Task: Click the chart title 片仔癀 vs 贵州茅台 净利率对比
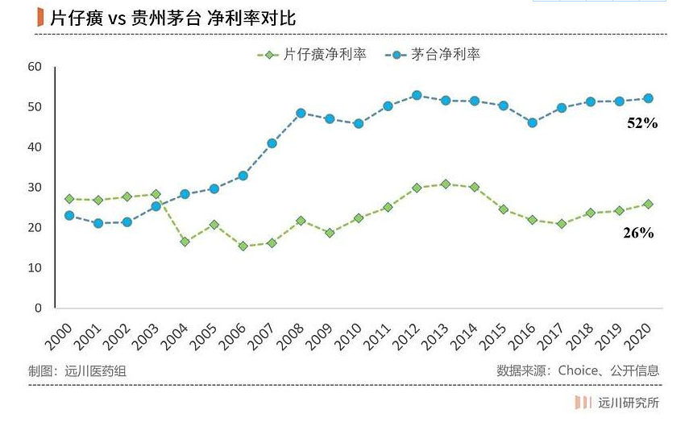point(172,18)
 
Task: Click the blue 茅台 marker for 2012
point(417,95)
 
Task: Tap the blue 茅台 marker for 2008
point(301,113)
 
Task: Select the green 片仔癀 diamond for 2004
point(185,242)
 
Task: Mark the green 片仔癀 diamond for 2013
point(446,184)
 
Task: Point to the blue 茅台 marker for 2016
point(532,122)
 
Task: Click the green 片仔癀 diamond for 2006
point(243,246)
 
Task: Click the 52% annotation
point(642,124)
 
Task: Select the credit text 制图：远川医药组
point(77,370)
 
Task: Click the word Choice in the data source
point(581,370)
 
